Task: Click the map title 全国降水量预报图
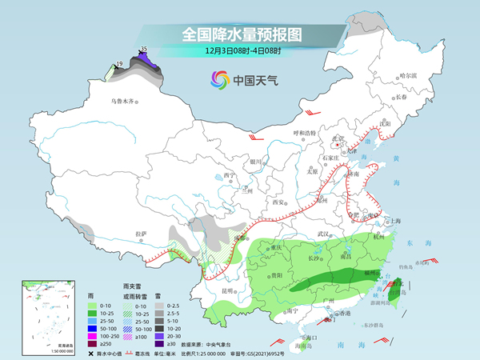240,34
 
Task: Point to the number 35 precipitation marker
144,50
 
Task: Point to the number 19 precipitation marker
119,63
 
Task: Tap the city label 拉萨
142,234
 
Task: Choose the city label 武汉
324,233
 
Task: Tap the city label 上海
393,221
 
